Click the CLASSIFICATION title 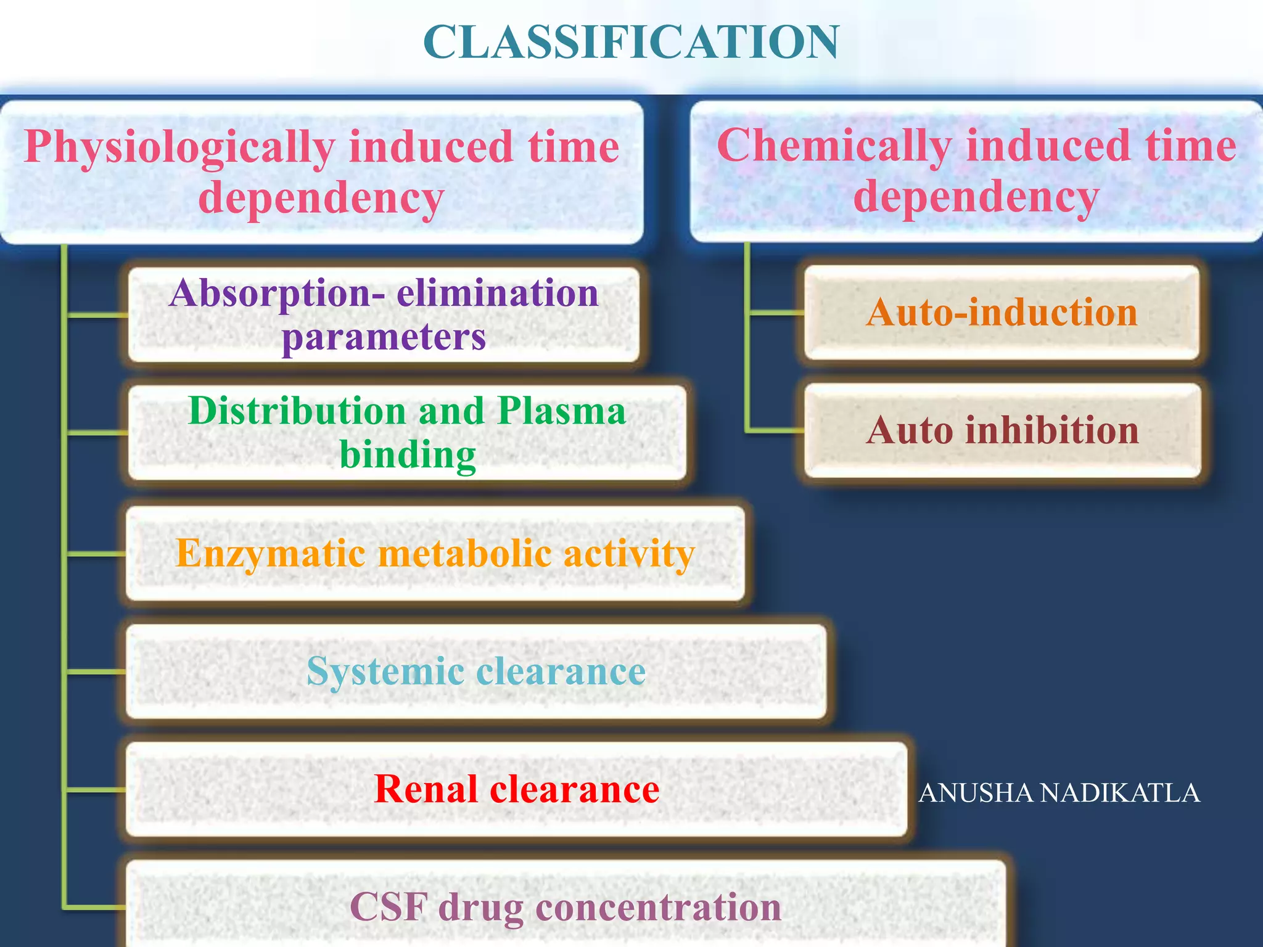[631, 42]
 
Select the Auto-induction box [1002, 313]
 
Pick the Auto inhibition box [1003, 430]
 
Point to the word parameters [384, 337]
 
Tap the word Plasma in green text [561, 411]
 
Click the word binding [408, 455]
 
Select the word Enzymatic [270, 553]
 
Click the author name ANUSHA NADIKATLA [1059, 793]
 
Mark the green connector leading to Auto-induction [775, 313]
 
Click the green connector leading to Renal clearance [96, 789]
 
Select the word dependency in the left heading [321, 199]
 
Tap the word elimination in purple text [497, 293]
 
